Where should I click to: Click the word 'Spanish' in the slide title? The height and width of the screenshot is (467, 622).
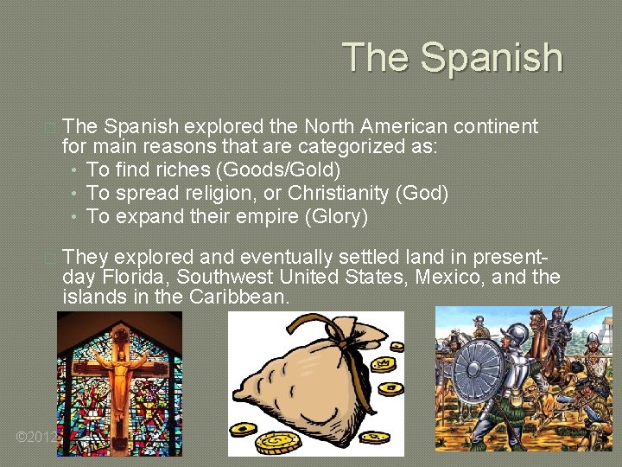(x=492, y=58)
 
